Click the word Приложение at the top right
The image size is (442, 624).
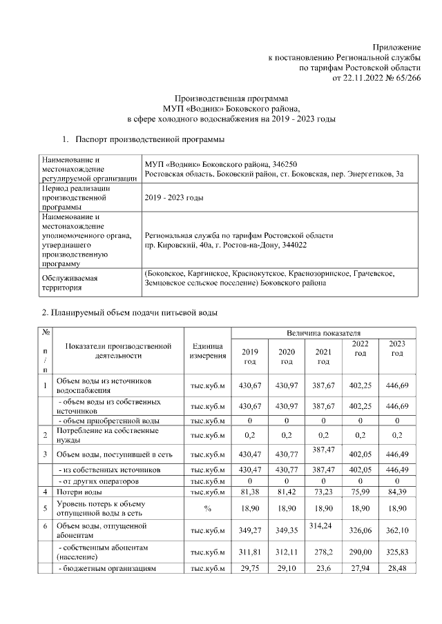pyautogui.click(x=398, y=45)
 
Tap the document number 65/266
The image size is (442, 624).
pyautogui.click(x=405, y=78)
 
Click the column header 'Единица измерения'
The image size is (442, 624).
pyautogui.click(x=207, y=351)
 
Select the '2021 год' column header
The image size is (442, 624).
pyautogui.click(x=323, y=356)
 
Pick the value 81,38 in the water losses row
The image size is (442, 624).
pyautogui.click(x=250, y=492)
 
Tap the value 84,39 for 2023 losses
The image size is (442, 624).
pyautogui.click(x=396, y=492)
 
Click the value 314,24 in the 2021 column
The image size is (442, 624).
pyautogui.click(x=323, y=525)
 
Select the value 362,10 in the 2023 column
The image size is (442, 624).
pyautogui.click(x=396, y=531)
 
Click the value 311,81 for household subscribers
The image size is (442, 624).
pyautogui.click(x=250, y=553)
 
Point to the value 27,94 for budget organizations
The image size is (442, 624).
pyautogui.click(x=360, y=570)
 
